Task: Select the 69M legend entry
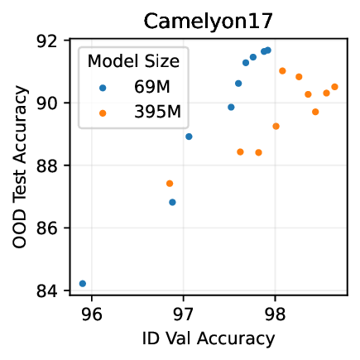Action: click(x=155, y=86)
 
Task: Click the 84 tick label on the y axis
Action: click(x=51, y=290)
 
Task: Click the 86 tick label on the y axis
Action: click(x=51, y=228)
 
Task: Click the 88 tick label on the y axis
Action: click(x=51, y=166)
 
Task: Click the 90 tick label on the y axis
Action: click(x=51, y=103)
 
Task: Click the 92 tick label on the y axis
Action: click(x=51, y=41)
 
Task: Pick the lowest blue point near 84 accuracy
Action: click(x=82, y=283)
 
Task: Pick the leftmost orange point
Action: click(x=170, y=183)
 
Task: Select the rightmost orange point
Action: click(x=334, y=87)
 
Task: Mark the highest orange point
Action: click(x=282, y=71)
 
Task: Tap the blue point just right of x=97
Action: click(x=189, y=137)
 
